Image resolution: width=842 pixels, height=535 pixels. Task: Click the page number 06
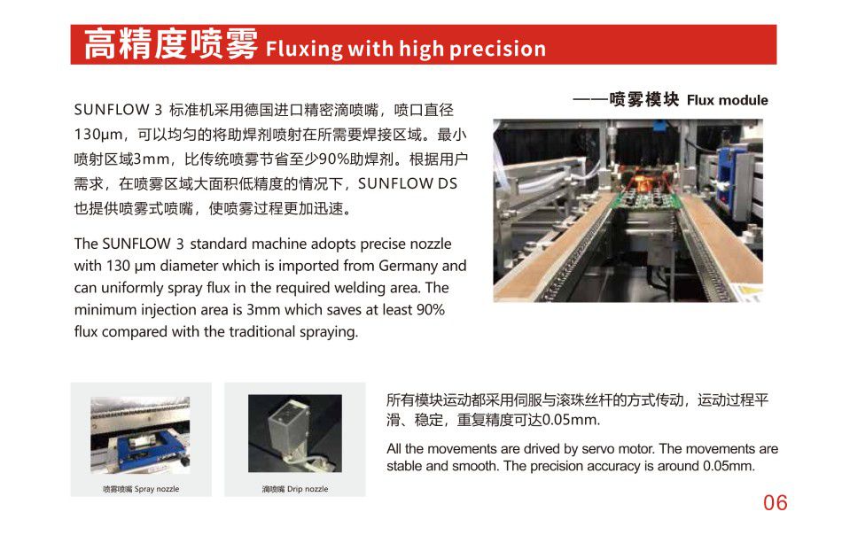pyautogui.click(x=775, y=503)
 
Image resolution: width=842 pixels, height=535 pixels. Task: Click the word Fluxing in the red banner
pyautogui.click(x=304, y=49)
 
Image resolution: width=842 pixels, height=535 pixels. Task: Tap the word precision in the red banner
pyautogui.click(x=497, y=50)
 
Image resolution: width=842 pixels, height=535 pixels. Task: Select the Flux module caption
pyautogui.click(x=727, y=100)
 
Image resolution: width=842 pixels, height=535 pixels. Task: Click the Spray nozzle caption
pyautogui.click(x=157, y=489)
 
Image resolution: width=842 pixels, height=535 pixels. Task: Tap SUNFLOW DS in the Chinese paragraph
pyautogui.click(x=408, y=183)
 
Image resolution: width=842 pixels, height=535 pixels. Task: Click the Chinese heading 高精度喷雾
pyautogui.click(x=171, y=44)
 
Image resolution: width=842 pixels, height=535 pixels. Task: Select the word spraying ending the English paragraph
pyautogui.click(x=329, y=331)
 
